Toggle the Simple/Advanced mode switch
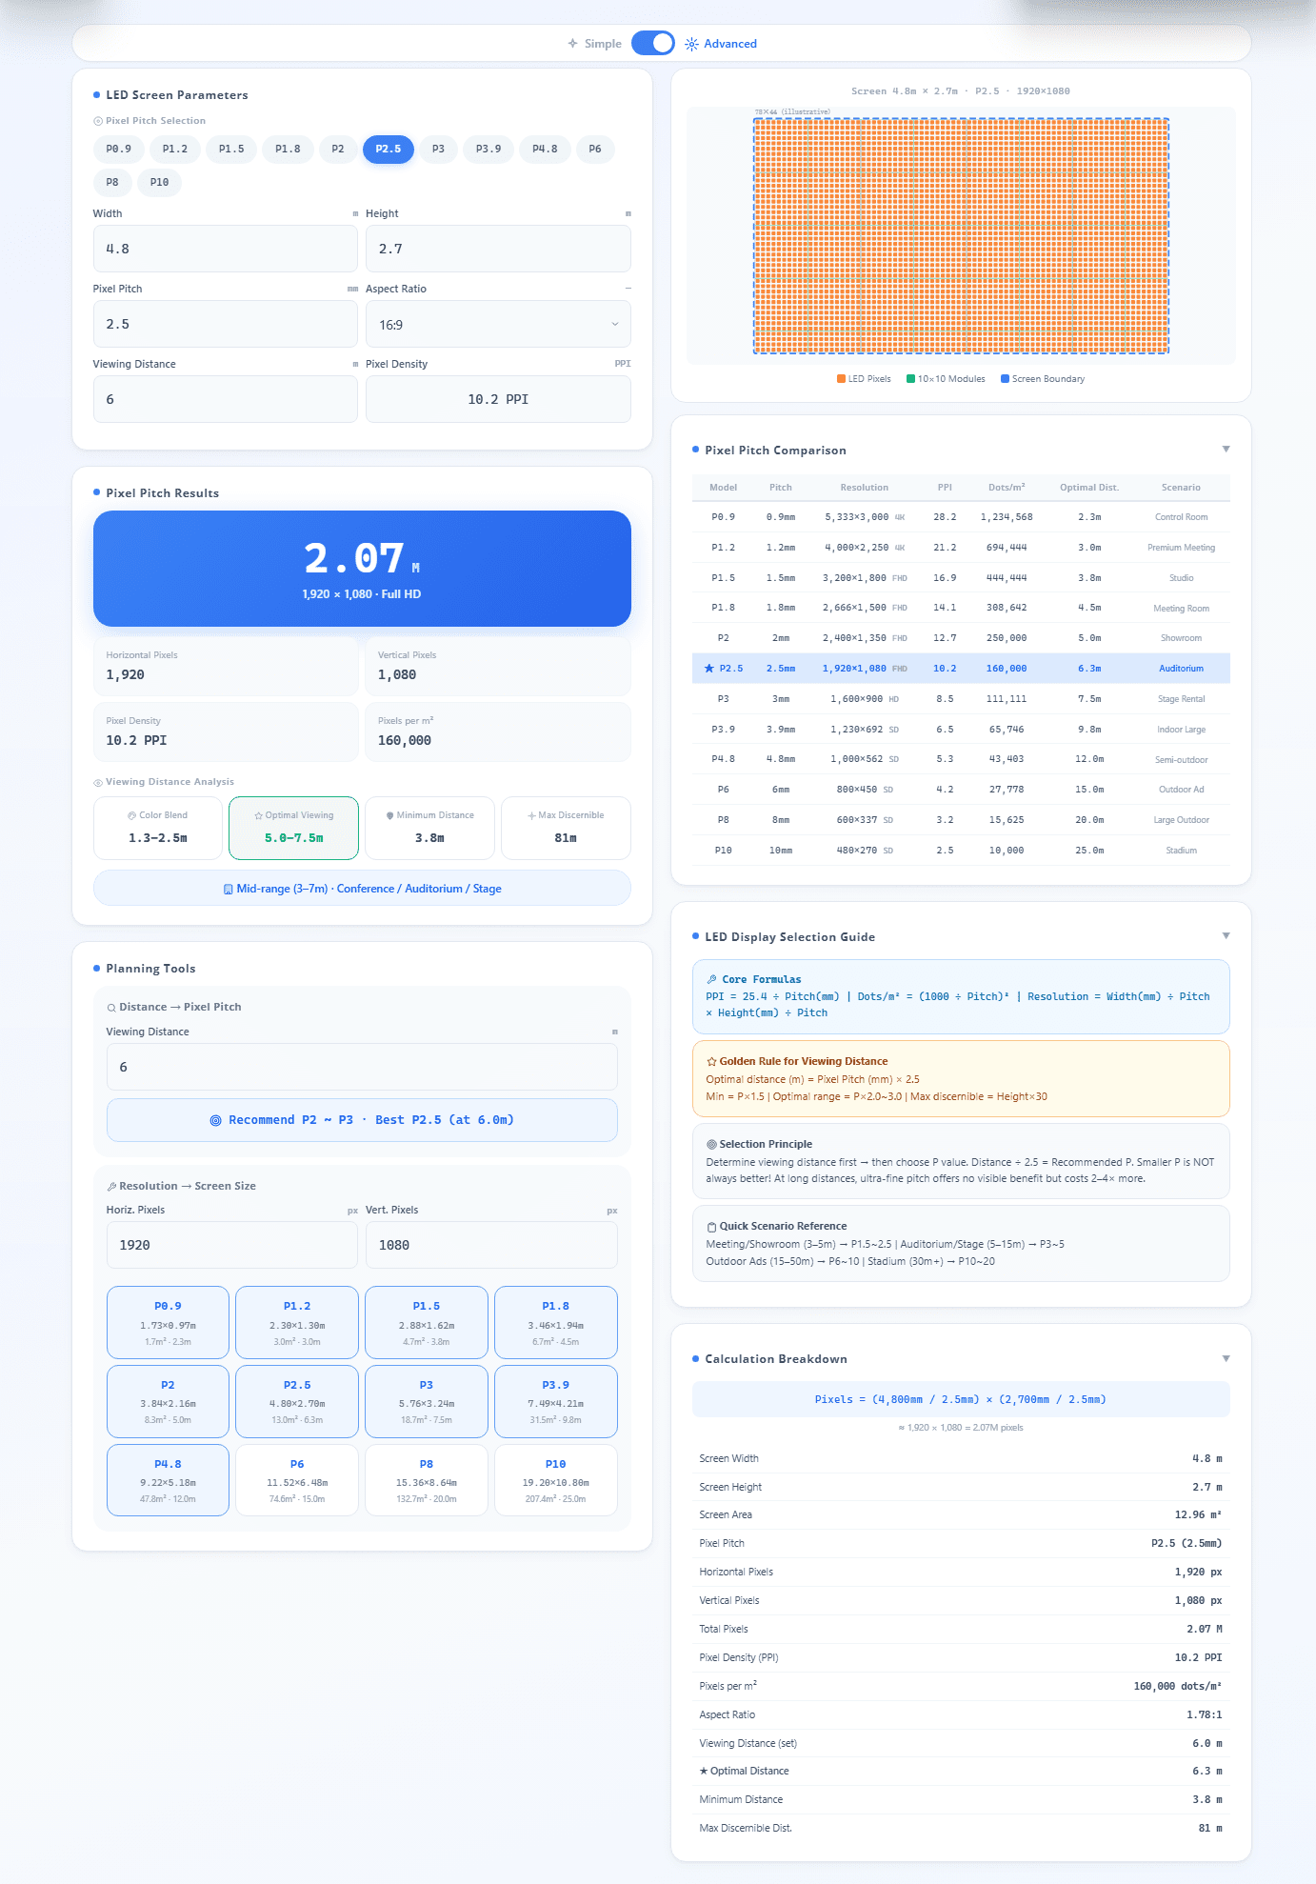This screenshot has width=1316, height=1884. click(652, 43)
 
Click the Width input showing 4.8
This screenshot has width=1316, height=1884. click(226, 249)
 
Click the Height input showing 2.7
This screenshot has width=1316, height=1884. click(498, 249)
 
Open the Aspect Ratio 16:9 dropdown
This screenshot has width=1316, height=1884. click(498, 325)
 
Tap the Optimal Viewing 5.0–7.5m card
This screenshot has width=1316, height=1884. click(294, 828)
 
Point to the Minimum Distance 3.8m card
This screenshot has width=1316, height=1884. click(430, 828)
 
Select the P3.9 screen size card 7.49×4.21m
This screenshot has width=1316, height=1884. click(556, 1401)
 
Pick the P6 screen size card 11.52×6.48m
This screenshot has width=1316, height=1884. click(297, 1480)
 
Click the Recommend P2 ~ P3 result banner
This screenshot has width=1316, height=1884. click(362, 1120)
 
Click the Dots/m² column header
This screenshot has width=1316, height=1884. click(1007, 488)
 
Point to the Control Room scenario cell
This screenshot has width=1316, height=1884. click(1181, 517)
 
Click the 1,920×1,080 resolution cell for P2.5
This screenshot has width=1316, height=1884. click(854, 669)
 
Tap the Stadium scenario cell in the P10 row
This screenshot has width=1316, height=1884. click(1181, 851)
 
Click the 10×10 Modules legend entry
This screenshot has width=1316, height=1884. click(946, 379)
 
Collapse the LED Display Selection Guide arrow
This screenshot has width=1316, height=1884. click(1226, 936)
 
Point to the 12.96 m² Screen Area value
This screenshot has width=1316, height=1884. click(1198, 1514)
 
